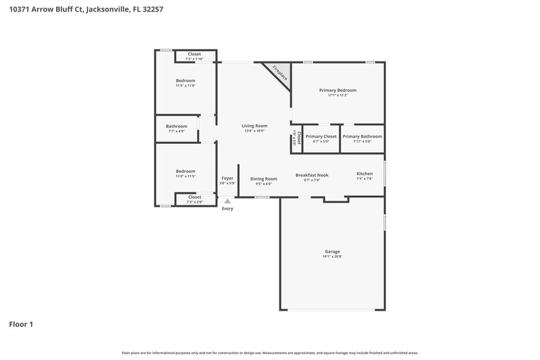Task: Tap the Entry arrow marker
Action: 228,201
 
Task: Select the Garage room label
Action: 332,251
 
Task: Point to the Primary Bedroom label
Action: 337,90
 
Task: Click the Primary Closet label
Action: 321,136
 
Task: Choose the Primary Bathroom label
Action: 362,136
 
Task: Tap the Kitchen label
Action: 364,174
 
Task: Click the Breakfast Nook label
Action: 312,175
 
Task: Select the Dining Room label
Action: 264,178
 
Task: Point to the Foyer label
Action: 227,178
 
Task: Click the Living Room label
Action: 254,126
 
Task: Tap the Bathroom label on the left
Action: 176,126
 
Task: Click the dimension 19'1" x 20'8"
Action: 332,257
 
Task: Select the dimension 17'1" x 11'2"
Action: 337,95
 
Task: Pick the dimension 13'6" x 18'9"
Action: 254,130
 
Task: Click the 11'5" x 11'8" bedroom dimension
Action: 186,86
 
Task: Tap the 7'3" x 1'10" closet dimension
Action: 194,59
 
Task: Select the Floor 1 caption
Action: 21,324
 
